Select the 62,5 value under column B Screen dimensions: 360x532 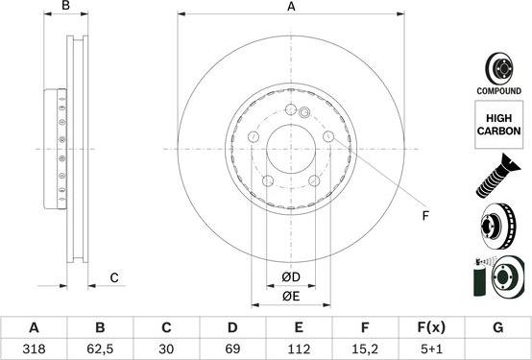click(99, 349)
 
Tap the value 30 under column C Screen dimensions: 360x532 click(165, 349)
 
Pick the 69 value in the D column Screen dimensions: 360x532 click(231, 349)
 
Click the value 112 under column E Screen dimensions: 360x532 click(298, 349)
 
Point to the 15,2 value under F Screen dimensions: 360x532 click(364, 349)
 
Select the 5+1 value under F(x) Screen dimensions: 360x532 click(430, 349)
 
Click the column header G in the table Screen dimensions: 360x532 click(497, 327)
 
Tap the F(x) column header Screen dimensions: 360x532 click(430, 327)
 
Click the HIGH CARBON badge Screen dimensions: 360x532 click(497, 127)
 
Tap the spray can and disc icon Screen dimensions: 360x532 click(497, 280)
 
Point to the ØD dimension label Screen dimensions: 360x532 click(291, 278)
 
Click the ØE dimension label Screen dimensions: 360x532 click(291, 297)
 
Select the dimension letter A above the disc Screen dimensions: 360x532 click(291, 8)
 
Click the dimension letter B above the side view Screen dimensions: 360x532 click(66, 8)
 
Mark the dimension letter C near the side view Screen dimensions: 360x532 click(113, 278)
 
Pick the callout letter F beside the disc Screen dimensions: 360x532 click(425, 217)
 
